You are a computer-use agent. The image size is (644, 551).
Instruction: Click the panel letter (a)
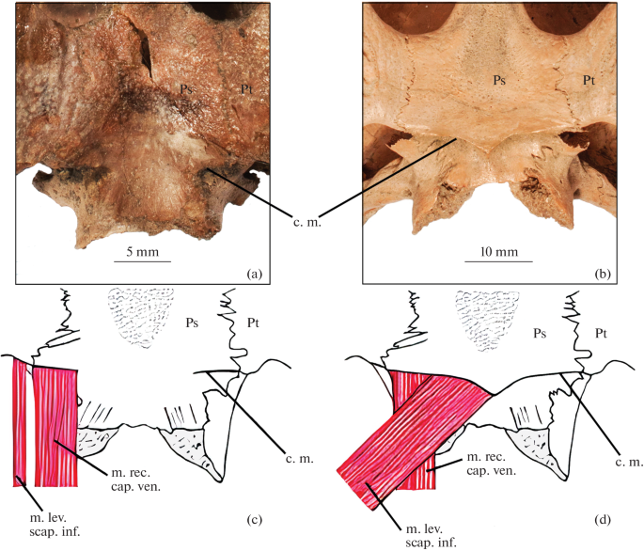(x=251, y=274)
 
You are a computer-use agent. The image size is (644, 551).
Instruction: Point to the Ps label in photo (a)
(x=188, y=88)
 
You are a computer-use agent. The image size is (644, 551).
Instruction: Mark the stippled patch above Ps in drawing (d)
(x=485, y=313)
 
